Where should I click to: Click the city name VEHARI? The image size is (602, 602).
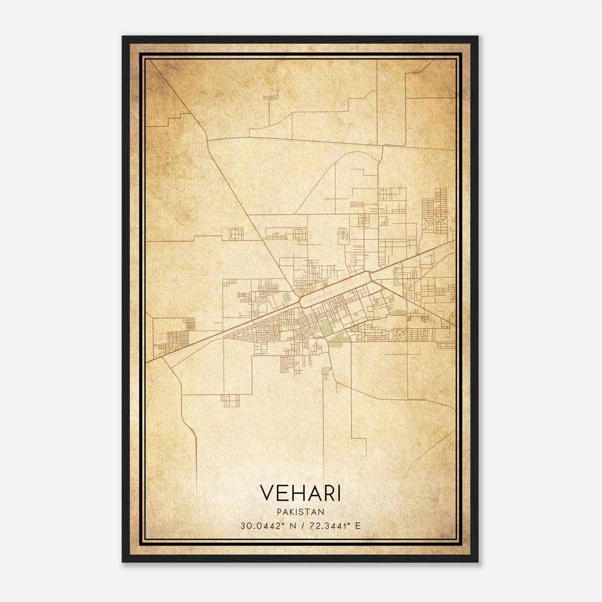click(300, 493)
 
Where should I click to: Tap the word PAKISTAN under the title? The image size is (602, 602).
click(300, 512)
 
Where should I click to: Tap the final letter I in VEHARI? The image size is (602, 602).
click(339, 493)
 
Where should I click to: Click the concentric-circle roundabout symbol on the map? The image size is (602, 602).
click(343, 234)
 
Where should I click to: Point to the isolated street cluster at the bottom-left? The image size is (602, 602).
click(230, 400)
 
